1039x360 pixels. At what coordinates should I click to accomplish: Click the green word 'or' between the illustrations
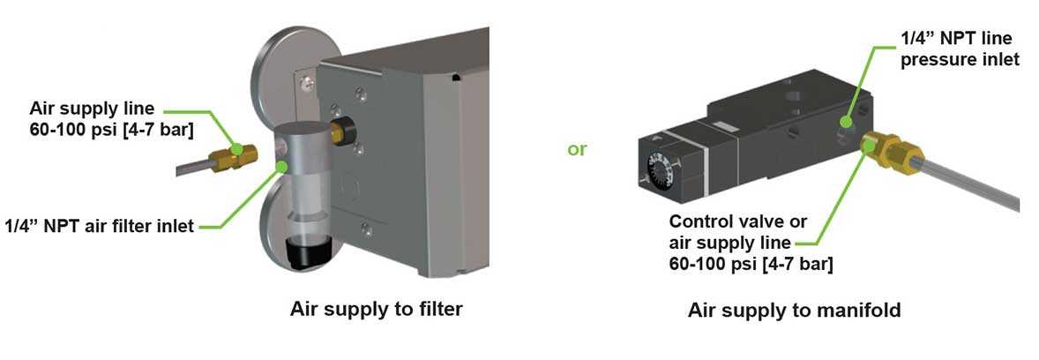coord(576,150)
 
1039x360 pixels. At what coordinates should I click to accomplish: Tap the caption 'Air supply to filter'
coord(377,310)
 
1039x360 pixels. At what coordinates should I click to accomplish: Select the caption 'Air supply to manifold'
coord(794,311)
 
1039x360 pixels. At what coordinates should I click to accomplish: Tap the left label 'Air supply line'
coord(92,109)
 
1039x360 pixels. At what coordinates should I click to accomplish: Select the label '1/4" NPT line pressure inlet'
coord(959,49)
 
